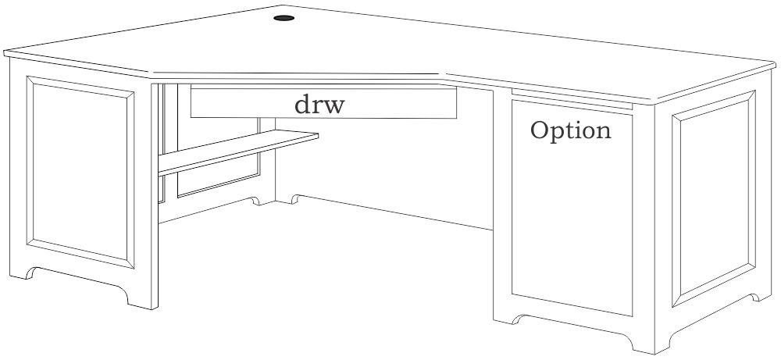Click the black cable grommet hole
coord(284,16)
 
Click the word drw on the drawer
coord(318,105)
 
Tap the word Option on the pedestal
coord(570,130)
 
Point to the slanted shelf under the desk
coord(238,151)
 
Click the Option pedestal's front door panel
coord(571,219)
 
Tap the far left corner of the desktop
coord(6,53)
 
